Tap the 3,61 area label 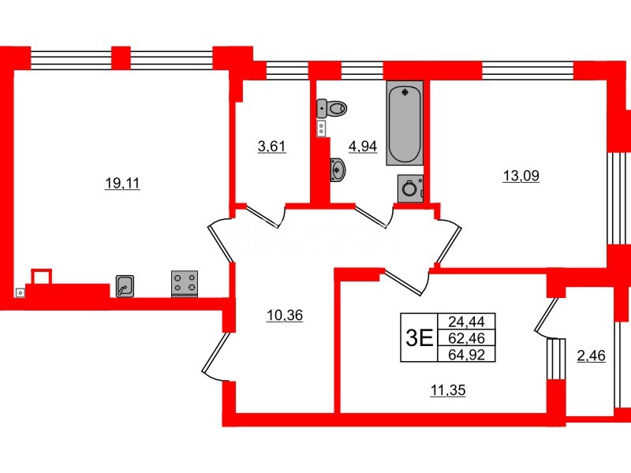271,145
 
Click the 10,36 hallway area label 285,315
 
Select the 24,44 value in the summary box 470,321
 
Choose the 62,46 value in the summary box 470,338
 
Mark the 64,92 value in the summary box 470,354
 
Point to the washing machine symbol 409,188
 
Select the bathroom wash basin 337,169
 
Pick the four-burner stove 185,284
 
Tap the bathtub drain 405,93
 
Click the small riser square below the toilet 322,128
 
